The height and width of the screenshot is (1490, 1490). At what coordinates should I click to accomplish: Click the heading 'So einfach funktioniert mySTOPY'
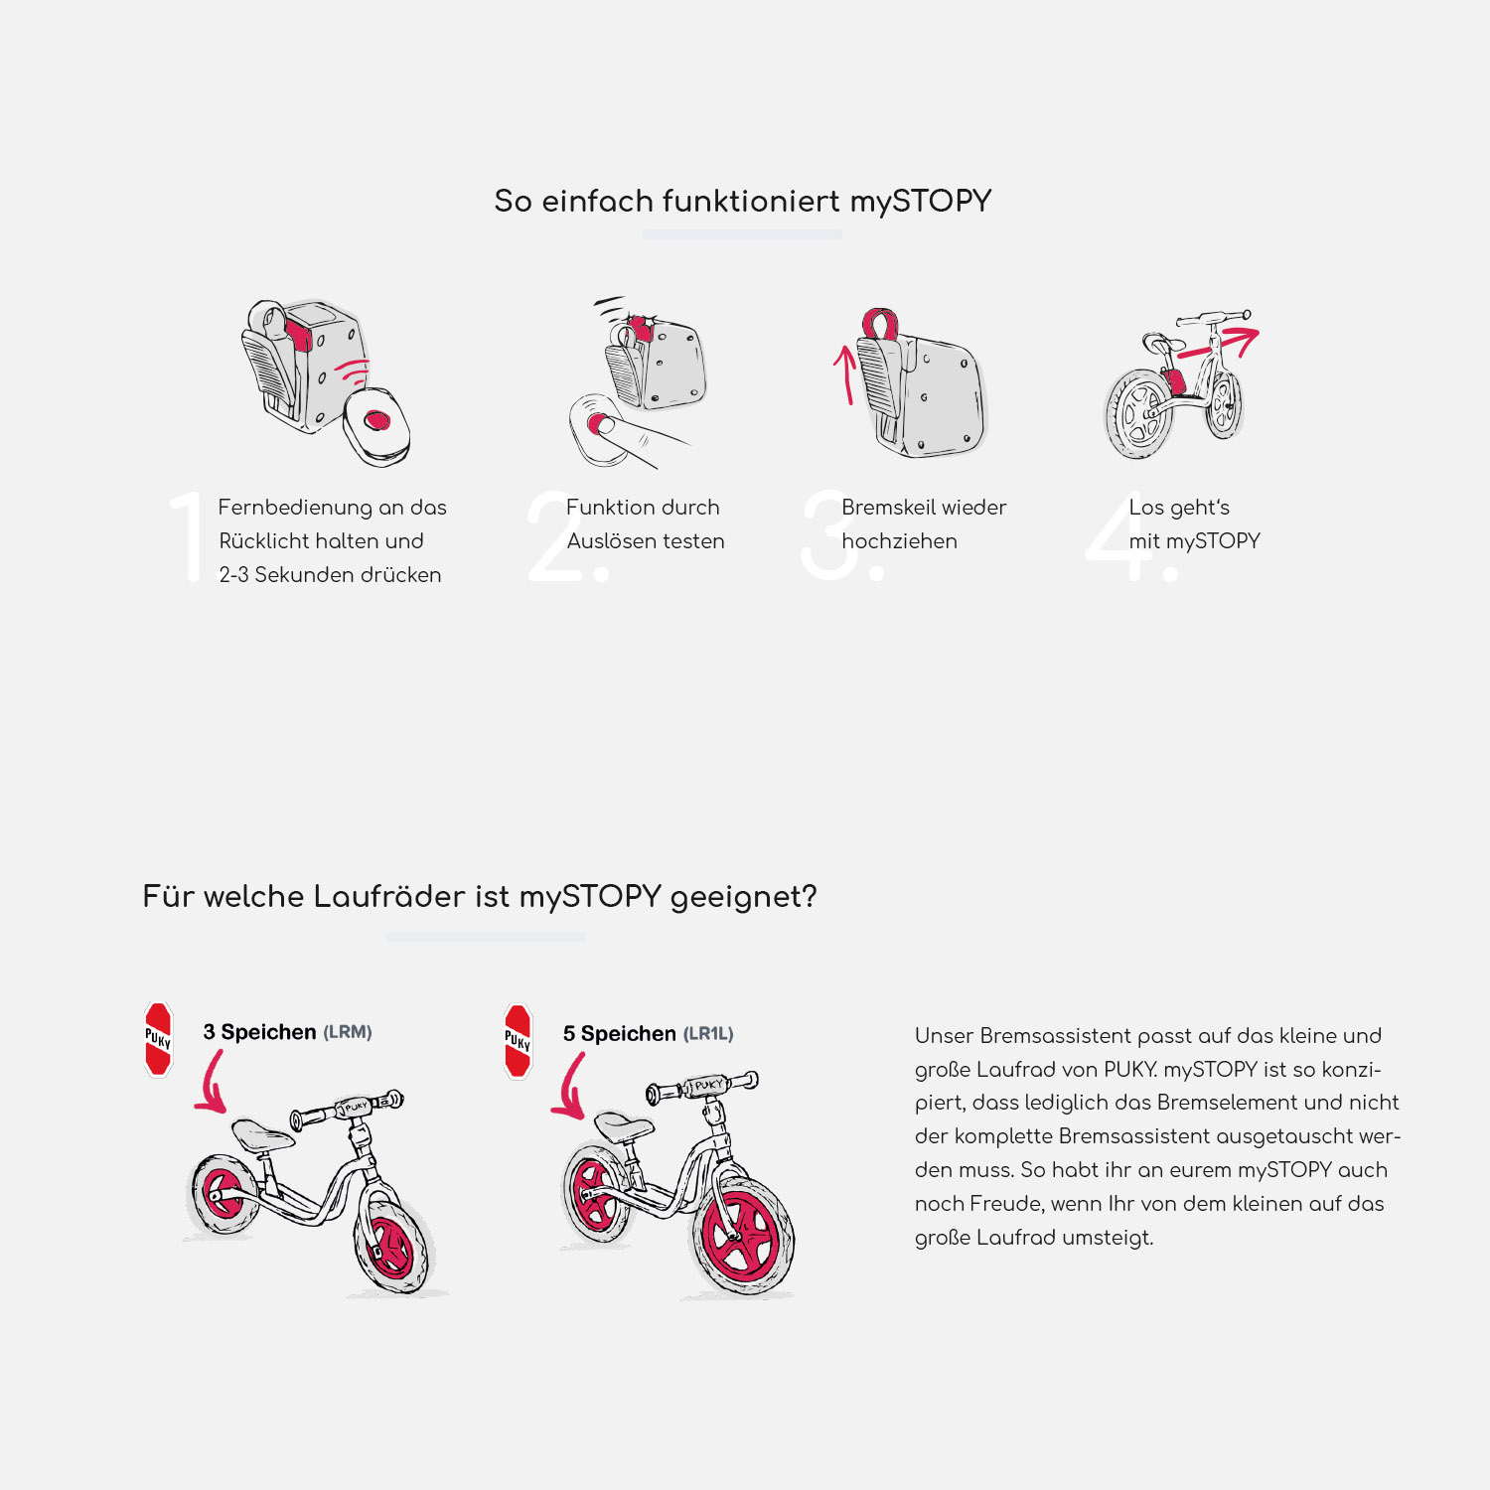coord(742,202)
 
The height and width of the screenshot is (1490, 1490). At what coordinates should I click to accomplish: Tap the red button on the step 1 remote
coord(376,421)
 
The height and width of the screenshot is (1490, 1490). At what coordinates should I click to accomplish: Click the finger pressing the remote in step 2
coord(636,437)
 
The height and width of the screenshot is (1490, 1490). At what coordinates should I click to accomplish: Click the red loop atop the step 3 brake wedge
coord(879,324)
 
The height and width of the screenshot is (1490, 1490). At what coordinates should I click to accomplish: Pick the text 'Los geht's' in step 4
coord(1179,508)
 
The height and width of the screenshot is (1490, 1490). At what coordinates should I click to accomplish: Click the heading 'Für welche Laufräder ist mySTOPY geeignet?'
coord(480,897)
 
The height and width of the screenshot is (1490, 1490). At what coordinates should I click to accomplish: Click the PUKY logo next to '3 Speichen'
coord(159,1039)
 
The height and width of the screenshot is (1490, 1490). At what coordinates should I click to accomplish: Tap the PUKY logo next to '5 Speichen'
coord(518,1041)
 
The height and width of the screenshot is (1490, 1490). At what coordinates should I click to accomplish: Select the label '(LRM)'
coord(348,1032)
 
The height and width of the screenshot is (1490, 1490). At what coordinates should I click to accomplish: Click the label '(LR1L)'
coord(708,1034)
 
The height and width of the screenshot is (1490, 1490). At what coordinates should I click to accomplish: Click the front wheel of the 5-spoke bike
coord(742,1235)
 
